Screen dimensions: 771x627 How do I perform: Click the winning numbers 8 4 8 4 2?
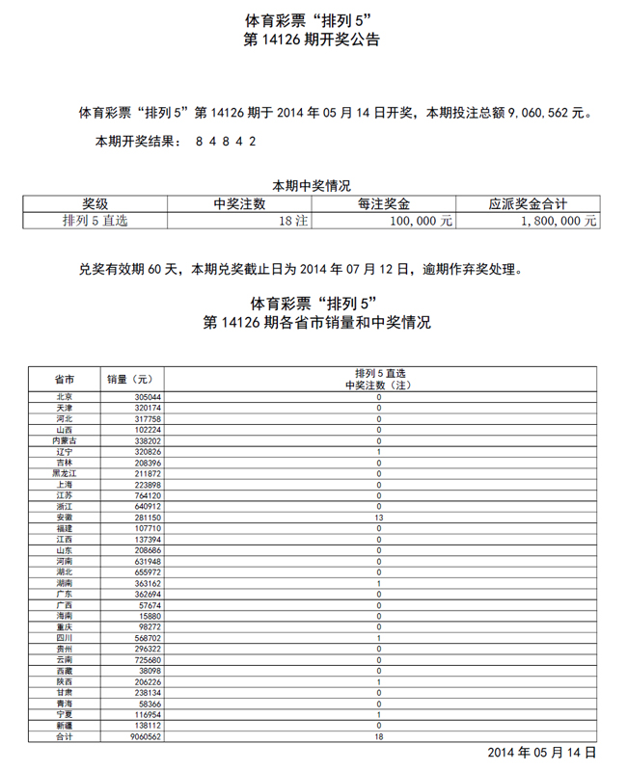click(226, 142)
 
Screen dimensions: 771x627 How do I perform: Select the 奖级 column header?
click(95, 203)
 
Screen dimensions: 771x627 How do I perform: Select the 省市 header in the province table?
click(65, 379)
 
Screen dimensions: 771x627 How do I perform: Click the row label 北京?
click(65, 397)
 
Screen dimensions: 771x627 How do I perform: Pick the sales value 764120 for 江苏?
click(148, 495)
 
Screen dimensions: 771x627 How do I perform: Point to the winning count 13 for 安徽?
click(379, 518)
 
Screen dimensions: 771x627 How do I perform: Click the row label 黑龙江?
click(65, 473)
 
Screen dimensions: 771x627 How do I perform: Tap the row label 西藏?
click(65, 671)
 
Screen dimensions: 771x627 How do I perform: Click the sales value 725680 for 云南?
click(148, 660)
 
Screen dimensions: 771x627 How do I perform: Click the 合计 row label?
click(65, 736)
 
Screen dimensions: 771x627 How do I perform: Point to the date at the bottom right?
click(542, 752)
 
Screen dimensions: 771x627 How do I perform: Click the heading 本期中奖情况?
click(311, 186)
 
